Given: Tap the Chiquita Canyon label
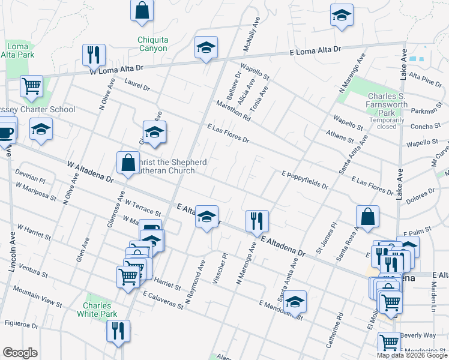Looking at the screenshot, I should pos(152,44).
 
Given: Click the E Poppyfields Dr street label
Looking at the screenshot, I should pos(304,179).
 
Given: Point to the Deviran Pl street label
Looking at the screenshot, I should pos(30,179).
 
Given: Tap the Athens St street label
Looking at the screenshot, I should pos(340,137).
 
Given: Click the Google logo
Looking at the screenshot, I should pos(20,353).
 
